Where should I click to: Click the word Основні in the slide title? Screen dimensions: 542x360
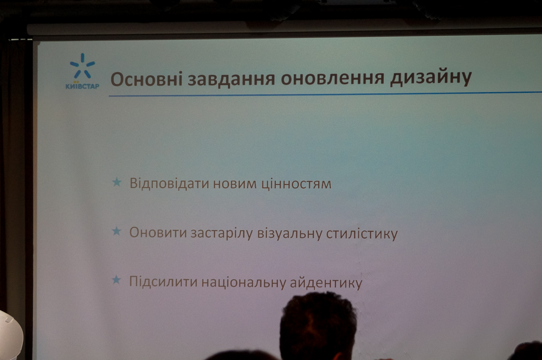pos(146,79)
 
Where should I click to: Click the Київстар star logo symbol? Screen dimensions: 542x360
pos(82,66)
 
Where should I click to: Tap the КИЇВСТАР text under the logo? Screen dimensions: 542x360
pos(82,86)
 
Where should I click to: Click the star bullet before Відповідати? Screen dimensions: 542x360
pos(117,182)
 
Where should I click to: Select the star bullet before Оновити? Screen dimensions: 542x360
pos(117,231)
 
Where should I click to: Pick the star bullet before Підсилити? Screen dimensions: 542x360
pos(117,280)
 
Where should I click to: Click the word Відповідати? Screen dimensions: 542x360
pos(169,184)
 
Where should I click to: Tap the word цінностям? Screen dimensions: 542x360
pos(296,184)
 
